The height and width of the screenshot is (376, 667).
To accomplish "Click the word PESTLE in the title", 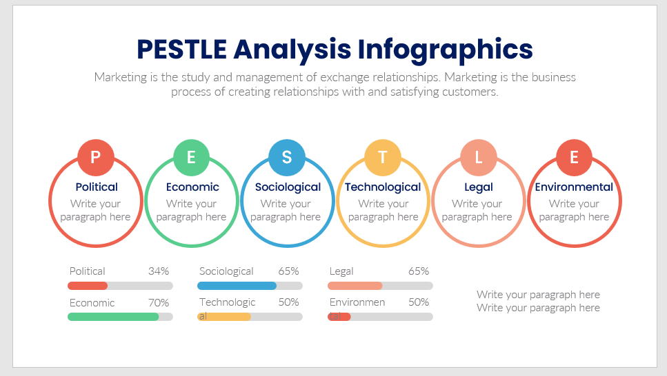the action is pos(181,50).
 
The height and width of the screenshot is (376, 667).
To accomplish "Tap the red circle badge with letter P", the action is pos(96,157).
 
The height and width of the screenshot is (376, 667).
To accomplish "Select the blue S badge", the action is pos(287,157).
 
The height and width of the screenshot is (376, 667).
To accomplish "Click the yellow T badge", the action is pos(383,157).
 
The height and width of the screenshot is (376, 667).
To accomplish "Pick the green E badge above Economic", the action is pos(192,157).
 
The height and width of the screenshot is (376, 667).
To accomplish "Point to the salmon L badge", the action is pos(479,157).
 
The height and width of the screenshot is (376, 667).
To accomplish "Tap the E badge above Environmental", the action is pos(575,157).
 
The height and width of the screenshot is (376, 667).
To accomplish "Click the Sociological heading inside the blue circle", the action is pos(288,187).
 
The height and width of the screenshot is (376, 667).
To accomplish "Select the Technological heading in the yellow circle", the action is pos(383,187).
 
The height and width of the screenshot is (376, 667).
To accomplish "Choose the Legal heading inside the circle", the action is pos(479,187).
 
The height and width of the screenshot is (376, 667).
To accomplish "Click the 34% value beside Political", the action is pos(159,271).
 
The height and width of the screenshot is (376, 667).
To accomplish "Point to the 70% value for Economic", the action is pos(159,302).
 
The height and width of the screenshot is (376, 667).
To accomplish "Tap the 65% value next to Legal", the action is pos(419,271).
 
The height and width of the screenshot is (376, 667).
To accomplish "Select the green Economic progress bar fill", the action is pos(113,317).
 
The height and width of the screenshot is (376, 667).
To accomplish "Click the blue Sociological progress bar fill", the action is pos(237,286).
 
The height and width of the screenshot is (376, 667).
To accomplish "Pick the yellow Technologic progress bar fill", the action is pos(224,317).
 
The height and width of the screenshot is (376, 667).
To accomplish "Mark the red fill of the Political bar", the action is pos(88,286).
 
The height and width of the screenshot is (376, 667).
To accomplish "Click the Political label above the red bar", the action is pos(87,271).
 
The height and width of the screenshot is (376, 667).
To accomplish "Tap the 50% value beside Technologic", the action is pos(288,302).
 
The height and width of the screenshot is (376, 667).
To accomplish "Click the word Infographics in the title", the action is pos(445,50).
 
